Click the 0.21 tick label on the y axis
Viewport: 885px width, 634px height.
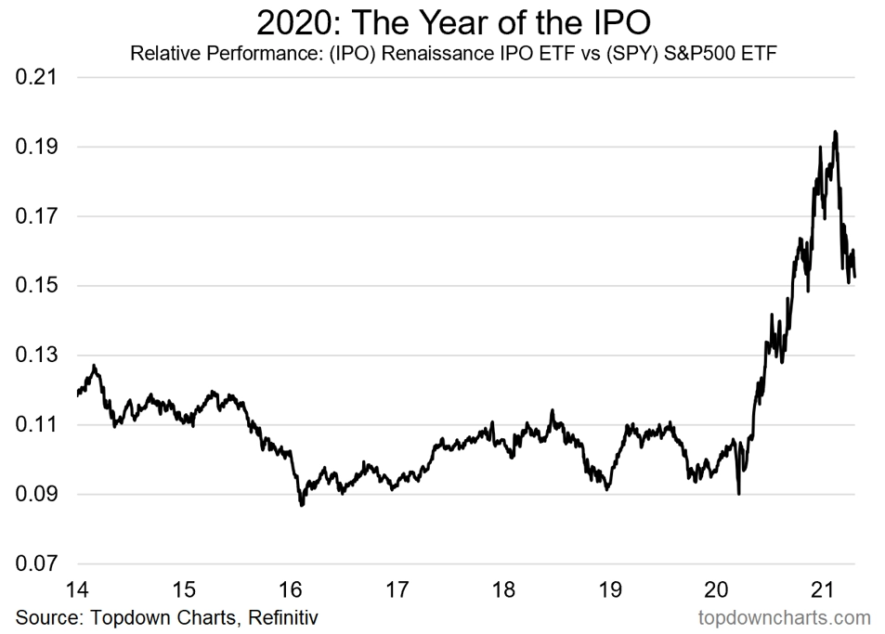pyautogui.click(x=37, y=77)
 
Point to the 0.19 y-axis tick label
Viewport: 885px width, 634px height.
pyautogui.click(x=37, y=147)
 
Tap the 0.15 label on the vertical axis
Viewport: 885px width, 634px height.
pyautogui.click(x=37, y=285)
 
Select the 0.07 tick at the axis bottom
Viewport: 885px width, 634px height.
pyautogui.click(x=37, y=563)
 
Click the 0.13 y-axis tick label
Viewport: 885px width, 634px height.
pyautogui.click(x=37, y=355)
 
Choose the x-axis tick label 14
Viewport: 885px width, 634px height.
pyautogui.click(x=77, y=589)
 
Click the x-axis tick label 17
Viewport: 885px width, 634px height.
pyautogui.click(x=397, y=589)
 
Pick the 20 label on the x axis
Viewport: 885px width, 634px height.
pyautogui.click(x=716, y=589)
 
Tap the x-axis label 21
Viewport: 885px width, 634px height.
pyautogui.click(x=823, y=589)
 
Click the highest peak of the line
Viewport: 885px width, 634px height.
pyautogui.click(x=836, y=132)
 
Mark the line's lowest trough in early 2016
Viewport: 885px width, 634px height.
pyautogui.click(x=302, y=505)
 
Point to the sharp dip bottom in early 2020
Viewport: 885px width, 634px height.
pyautogui.click(x=739, y=494)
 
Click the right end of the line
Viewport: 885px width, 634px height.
pyautogui.click(x=854, y=277)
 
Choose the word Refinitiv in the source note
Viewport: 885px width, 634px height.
pyautogui.click(x=282, y=617)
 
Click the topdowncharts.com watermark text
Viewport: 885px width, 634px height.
pyautogui.click(x=784, y=617)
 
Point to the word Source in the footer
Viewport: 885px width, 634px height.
pyautogui.click(x=49, y=617)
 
